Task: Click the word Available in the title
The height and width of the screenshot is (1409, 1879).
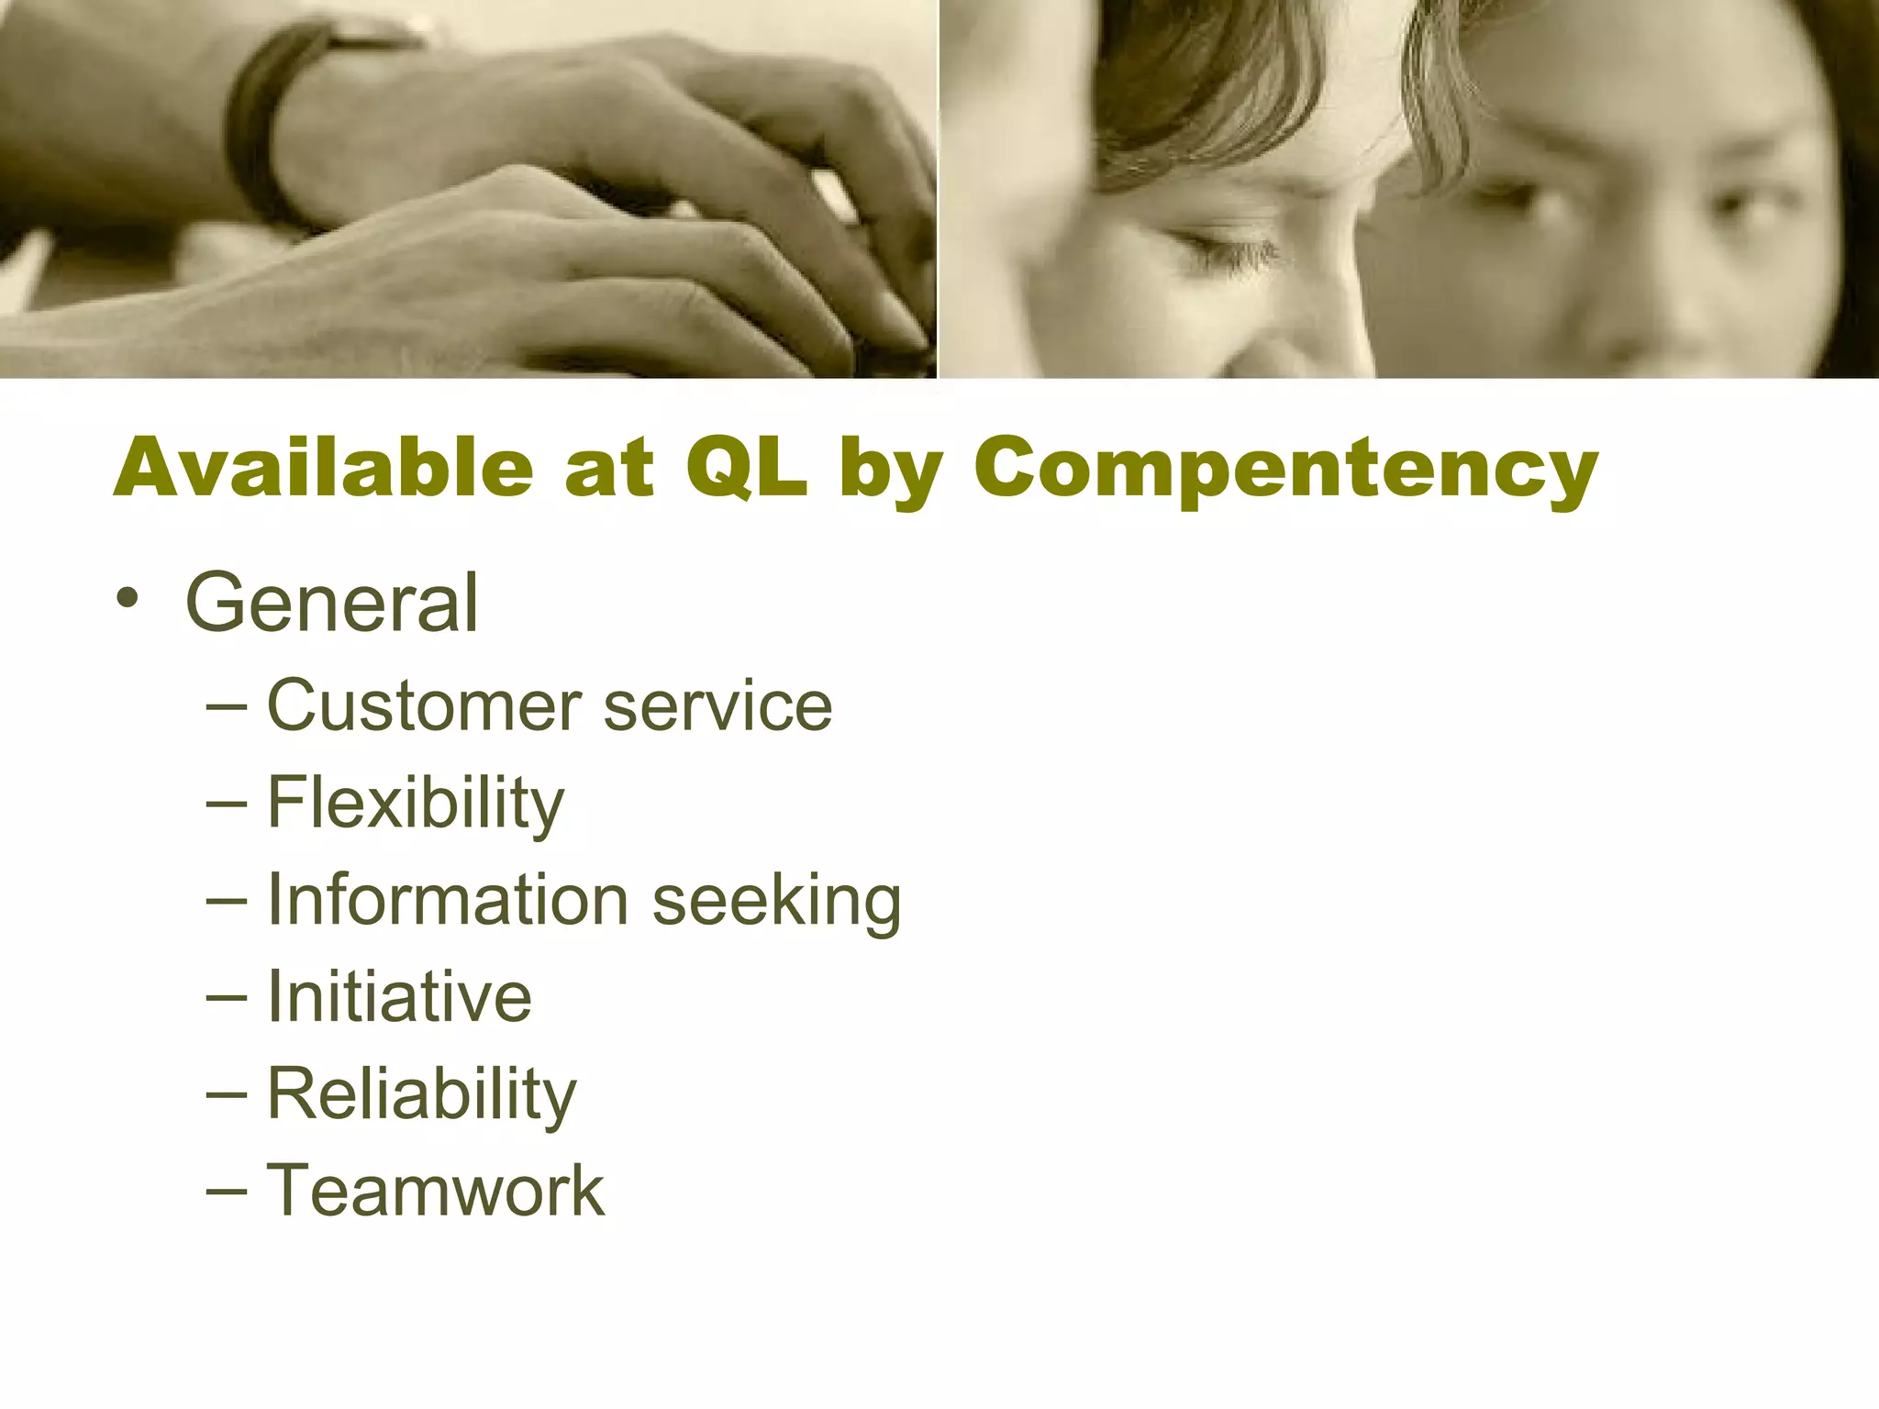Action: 323,468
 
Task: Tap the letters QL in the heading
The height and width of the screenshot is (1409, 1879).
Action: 746,468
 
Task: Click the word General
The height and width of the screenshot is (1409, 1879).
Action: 331,604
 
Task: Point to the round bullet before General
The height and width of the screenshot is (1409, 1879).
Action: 128,599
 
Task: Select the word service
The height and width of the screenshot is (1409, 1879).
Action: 717,706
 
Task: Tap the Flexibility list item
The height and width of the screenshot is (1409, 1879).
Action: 416,804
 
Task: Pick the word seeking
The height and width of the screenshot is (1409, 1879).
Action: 776,902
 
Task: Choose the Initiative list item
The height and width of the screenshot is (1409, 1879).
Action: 399,997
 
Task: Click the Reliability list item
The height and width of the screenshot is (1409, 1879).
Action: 422,1094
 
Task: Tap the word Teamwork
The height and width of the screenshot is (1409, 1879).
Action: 436,1191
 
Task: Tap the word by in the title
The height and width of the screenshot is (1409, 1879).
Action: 890,470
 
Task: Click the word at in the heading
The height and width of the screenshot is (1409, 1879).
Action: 609,468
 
